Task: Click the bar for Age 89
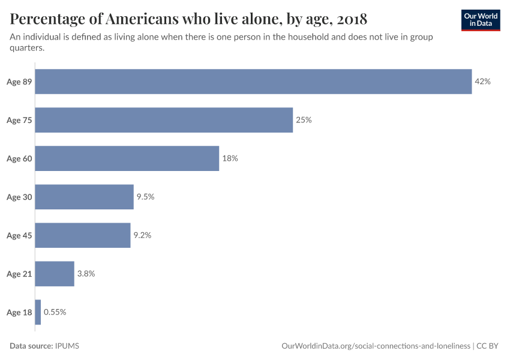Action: click(x=253, y=82)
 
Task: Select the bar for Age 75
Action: click(x=164, y=120)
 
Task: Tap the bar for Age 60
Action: click(x=127, y=158)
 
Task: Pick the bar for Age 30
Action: click(x=84, y=197)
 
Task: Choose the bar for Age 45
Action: click(x=83, y=235)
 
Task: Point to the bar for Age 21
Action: click(x=55, y=274)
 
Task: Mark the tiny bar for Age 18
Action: click(x=38, y=312)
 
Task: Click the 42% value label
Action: click(x=482, y=82)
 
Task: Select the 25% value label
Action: click(x=304, y=120)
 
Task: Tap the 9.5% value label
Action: click(x=145, y=197)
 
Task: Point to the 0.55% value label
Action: click(x=55, y=312)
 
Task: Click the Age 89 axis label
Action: click(x=19, y=82)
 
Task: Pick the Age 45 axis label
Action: click(x=19, y=235)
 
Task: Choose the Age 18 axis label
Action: click(x=19, y=312)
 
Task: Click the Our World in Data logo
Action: click(x=481, y=20)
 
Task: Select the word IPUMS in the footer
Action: click(x=67, y=346)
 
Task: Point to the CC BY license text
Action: click(x=488, y=346)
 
